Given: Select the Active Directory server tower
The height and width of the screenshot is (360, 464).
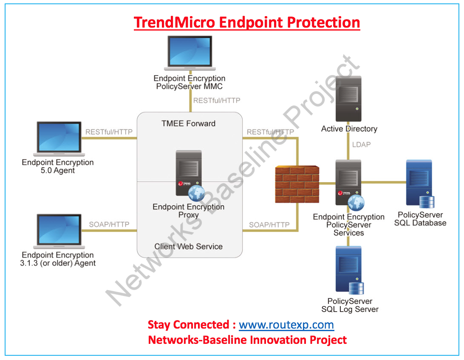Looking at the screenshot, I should (348, 99).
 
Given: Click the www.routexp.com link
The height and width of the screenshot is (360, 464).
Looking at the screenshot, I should (286, 325).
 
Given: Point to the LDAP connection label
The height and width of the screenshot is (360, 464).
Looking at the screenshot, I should (361, 145).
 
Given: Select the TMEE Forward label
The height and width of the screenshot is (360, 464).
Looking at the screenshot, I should (188, 124).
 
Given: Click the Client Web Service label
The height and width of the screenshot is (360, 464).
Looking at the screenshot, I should (188, 247).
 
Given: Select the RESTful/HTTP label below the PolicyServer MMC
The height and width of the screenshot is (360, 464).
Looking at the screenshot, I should (217, 101).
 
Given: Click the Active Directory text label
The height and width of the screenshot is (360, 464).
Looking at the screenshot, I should (349, 129).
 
